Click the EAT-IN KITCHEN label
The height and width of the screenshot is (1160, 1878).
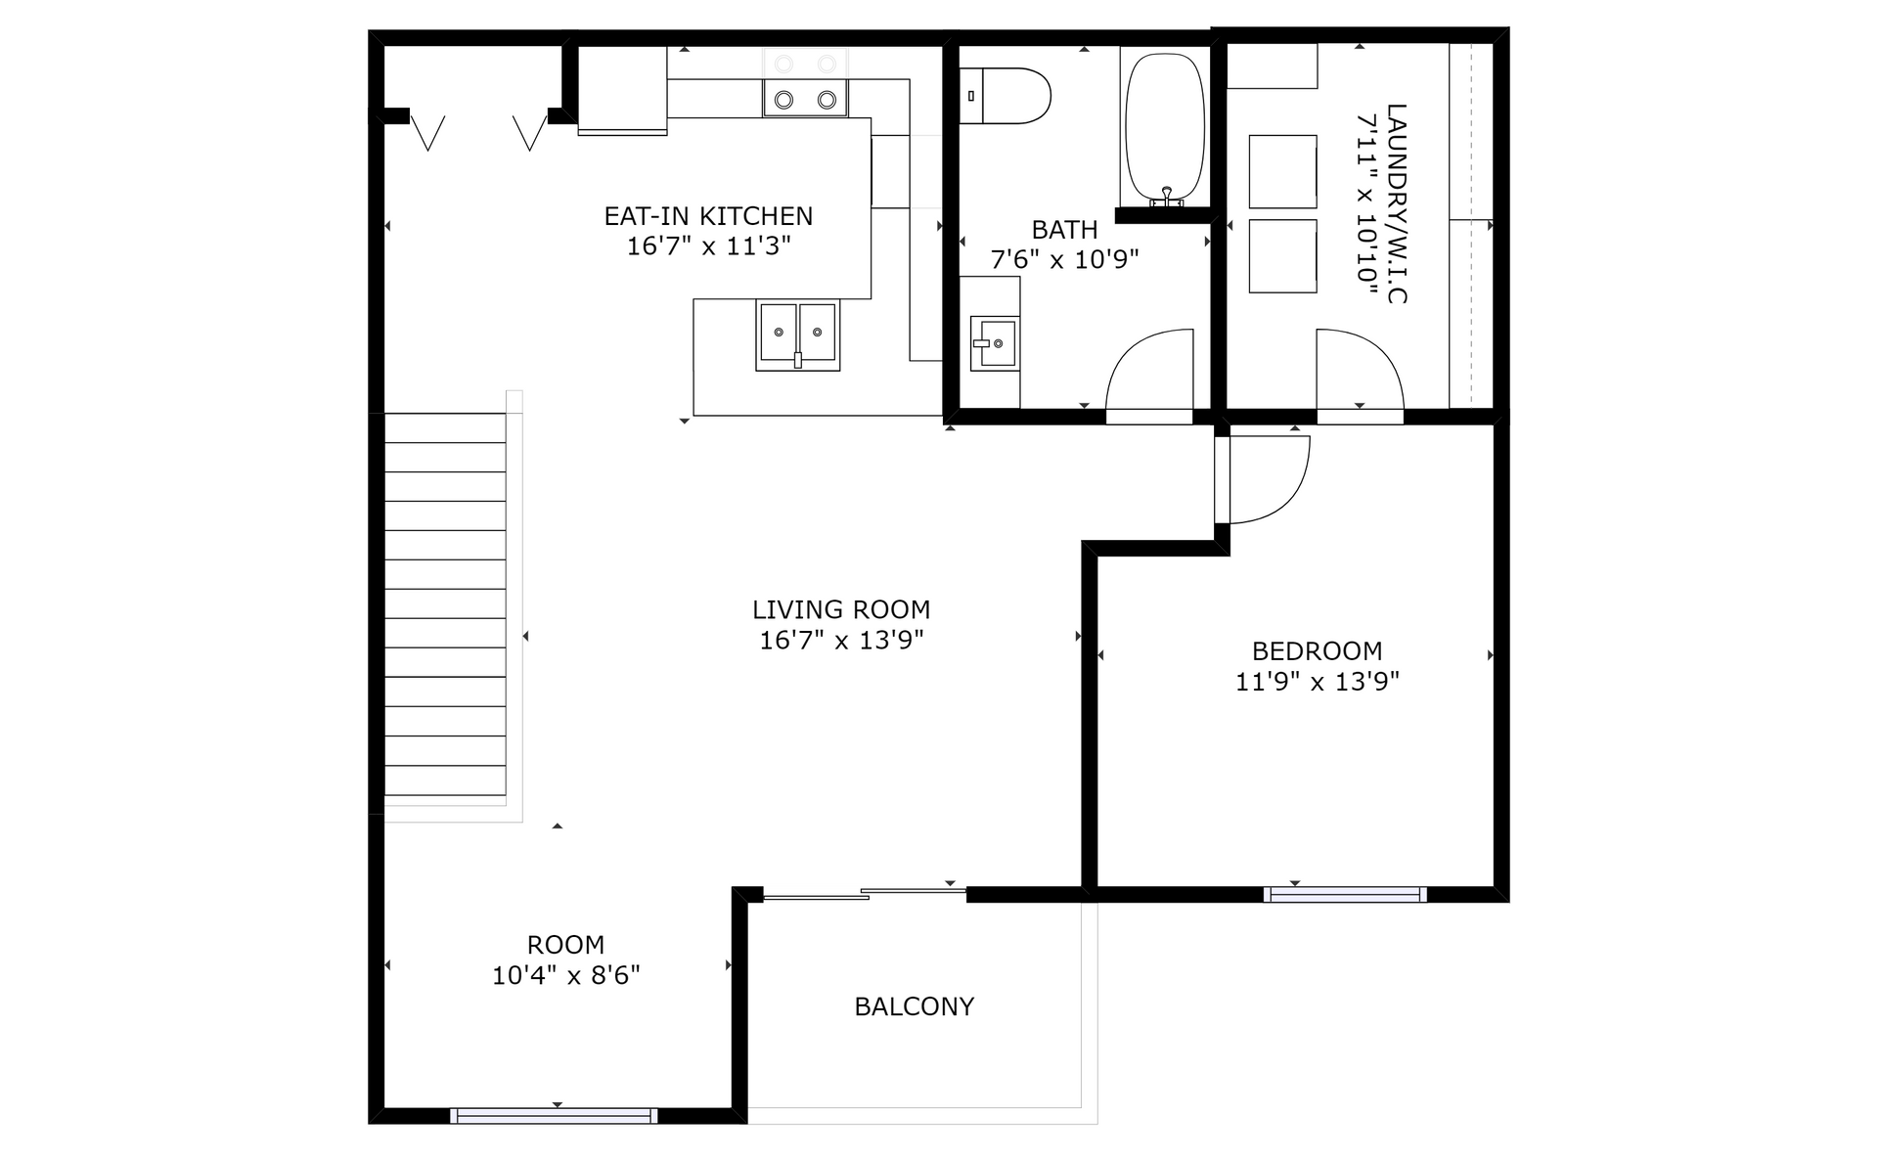pos(708,215)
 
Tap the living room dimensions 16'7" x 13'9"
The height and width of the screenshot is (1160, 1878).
pos(841,640)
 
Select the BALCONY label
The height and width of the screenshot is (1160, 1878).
pos(914,1006)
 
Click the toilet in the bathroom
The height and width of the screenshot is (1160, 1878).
pos(1005,96)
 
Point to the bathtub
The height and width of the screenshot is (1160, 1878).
pos(1165,126)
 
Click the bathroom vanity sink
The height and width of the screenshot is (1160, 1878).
pos(993,343)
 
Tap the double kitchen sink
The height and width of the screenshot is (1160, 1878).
pos(797,335)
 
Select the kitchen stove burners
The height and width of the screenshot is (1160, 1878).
pos(805,82)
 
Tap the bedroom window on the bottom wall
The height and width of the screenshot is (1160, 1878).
pos(1345,894)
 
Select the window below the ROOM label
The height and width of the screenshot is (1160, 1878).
pos(554,1116)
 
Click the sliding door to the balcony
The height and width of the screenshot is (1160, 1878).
pos(865,893)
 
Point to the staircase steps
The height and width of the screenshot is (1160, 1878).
pos(445,603)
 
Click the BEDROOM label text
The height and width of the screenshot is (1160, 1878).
pos(1317,650)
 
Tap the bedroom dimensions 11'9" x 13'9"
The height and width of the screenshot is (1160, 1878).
pos(1317,681)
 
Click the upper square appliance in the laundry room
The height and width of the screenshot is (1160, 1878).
pos(1282,171)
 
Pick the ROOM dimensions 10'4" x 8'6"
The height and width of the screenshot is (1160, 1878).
pos(565,975)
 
